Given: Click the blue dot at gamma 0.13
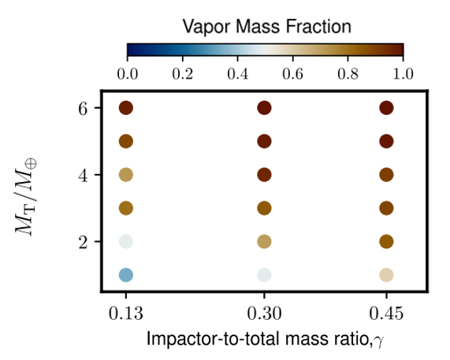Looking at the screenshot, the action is click(126, 275).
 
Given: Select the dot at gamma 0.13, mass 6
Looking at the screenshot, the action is click(126, 108).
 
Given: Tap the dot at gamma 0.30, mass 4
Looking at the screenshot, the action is click(264, 175).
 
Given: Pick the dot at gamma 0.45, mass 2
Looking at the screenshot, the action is click(386, 242).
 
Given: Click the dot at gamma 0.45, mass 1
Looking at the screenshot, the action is click(386, 275).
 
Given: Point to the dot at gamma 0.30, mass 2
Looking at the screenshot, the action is click(264, 242).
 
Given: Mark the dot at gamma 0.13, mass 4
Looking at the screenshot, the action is click(126, 175).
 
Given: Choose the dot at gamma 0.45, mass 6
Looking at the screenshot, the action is click(386, 108).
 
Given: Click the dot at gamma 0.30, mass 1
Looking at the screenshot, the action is click(264, 275).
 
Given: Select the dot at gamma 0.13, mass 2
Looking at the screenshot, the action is click(126, 242).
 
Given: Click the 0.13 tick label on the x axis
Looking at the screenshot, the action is click(126, 314).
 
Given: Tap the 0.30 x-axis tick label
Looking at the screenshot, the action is click(264, 314).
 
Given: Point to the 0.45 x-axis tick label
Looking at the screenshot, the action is click(386, 314).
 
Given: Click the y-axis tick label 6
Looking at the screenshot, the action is click(83, 109).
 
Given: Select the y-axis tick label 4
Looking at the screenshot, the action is click(83, 176).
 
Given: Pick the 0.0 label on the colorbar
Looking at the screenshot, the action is click(127, 74).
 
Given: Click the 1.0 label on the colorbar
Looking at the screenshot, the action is click(403, 74).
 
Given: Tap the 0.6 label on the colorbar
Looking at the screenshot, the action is click(292, 74).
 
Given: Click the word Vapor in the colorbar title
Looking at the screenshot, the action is click(206, 28).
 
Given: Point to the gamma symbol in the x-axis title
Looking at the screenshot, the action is click(378, 341).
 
